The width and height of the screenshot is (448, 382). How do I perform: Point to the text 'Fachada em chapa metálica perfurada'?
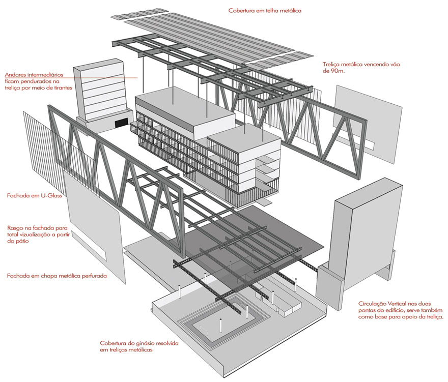coord(57,276)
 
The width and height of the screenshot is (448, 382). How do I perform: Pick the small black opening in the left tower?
coord(121,123)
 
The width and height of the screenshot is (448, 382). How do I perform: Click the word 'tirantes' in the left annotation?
coord(62,87)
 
